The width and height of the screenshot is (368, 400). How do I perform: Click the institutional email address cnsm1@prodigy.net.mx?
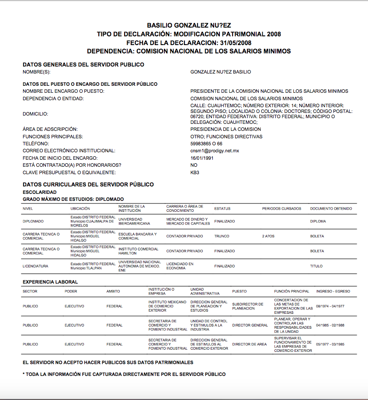coord(215,151)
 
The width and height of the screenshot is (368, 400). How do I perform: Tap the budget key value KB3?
coord(194,172)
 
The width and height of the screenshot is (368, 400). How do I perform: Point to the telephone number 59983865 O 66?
coord(206,144)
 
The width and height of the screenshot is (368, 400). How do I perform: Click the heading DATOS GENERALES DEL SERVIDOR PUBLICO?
coord(83,65)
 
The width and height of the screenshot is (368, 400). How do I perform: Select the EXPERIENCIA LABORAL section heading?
coord(50,282)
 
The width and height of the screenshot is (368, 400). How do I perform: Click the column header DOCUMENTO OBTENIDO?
coord(331,209)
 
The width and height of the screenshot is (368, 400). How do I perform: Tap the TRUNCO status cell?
coord(222,236)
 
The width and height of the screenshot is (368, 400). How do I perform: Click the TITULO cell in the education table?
coord(316,266)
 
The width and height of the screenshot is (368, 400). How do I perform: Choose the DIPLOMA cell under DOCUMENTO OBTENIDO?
coord(318,221)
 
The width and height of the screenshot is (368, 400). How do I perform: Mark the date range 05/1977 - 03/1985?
coord(330,344)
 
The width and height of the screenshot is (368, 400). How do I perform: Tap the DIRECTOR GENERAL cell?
coord(250,326)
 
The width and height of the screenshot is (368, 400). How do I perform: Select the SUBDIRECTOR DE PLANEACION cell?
coord(248,306)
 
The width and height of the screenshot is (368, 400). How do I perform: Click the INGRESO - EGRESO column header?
coord(333,291)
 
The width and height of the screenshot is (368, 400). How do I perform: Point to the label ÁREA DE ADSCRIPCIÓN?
coord(50,130)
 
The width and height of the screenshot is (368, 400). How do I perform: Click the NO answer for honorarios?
coord(194,165)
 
